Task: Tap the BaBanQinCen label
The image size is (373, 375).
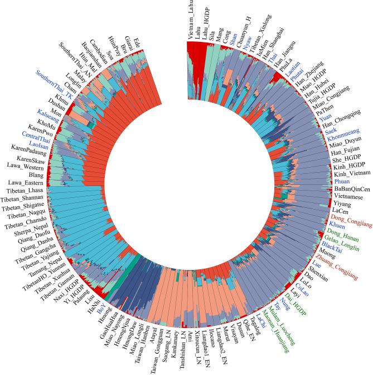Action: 349,189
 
